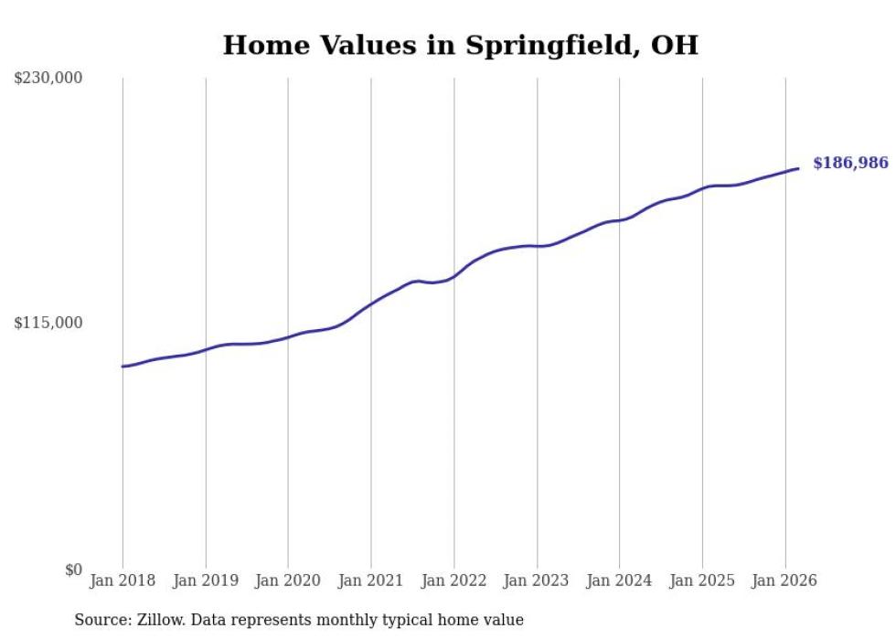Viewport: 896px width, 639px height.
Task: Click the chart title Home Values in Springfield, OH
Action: click(x=460, y=45)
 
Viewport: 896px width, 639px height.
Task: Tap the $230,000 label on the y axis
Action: click(x=48, y=79)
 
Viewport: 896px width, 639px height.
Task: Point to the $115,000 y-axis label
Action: click(x=48, y=323)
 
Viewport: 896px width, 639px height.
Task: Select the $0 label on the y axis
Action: click(x=73, y=570)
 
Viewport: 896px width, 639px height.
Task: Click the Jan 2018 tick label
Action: click(x=123, y=580)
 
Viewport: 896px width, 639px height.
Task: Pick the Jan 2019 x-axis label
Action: click(x=206, y=580)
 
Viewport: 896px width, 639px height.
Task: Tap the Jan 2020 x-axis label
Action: click(x=288, y=580)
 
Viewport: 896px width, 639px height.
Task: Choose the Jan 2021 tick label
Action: click(x=371, y=580)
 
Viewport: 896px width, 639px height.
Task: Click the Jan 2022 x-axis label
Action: click(x=453, y=580)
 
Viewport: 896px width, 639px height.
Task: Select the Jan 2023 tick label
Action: click(x=537, y=580)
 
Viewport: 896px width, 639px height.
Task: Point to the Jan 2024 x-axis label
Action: click(x=619, y=580)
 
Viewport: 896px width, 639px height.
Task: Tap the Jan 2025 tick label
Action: click(x=702, y=580)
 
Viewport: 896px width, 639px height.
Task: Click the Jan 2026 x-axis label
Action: click(x=784, y=580)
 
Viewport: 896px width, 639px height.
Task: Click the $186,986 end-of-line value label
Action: click(x=850, y=164)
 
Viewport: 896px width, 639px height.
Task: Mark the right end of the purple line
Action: click(x=799, y=168)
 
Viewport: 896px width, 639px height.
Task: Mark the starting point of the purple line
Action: click(x=123, y=367)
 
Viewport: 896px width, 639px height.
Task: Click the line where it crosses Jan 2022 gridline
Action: click(x=453, y=276)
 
